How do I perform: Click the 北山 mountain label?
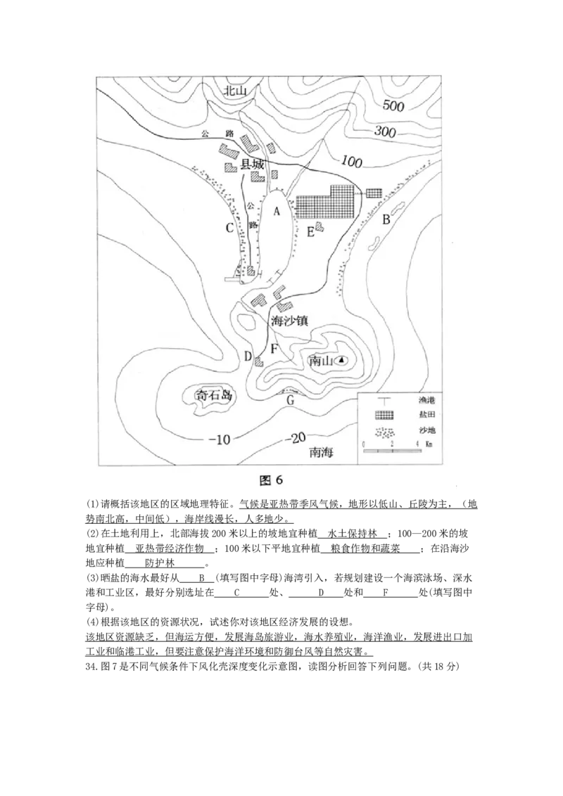click(x=236, y=91)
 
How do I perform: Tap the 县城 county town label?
click(x=253, y=165)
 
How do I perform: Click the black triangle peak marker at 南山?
click(x=341, y=360)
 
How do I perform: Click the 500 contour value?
click(x=392, y=106)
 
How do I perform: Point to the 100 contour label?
click(x=350, y=162)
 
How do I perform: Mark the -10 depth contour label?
click(x=219, y=440)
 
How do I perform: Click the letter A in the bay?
click(x=277, y=210)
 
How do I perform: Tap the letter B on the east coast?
click(x=386, y=219)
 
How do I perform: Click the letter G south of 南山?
click(x=289, y=402)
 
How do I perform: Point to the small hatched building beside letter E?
click(x=320, y=226)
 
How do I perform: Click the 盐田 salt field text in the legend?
click(x=426, y=415)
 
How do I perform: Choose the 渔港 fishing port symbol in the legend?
click(x=384, y=399)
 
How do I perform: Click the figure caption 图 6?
click(x=271, y=480)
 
